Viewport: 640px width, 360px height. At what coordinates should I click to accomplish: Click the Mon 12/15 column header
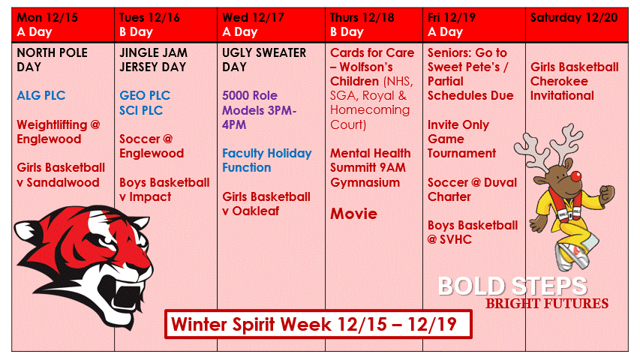coord(46,17)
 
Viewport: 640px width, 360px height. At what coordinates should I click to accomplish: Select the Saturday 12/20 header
coord(574,17)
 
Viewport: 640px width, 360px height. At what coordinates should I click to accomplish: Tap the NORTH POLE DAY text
coord(52,60)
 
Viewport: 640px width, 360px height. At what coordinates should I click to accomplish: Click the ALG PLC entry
coord(42,96)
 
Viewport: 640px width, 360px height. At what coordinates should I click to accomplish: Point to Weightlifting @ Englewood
coord(58,131)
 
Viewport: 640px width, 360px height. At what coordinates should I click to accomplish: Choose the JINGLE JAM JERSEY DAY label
coord(155,60)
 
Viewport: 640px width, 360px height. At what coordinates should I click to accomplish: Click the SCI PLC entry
coord(141,110)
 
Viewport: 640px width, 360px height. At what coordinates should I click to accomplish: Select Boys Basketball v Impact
coord(164,189)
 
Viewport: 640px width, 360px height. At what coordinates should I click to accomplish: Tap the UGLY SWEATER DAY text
coord(264,60)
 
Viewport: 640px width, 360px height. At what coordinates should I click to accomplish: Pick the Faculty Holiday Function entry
coord(266,160)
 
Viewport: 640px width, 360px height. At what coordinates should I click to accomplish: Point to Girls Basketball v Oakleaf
coord(266,203)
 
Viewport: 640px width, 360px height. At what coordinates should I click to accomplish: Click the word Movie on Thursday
coord(353,214)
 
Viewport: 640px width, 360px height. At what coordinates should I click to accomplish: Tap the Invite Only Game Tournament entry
coord(461,139)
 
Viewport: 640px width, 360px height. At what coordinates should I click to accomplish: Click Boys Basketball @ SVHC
coord(472,232)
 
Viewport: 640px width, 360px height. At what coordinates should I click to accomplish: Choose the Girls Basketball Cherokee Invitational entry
coord(574,81)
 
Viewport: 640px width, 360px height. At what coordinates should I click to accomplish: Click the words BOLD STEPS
coord(512,286)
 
